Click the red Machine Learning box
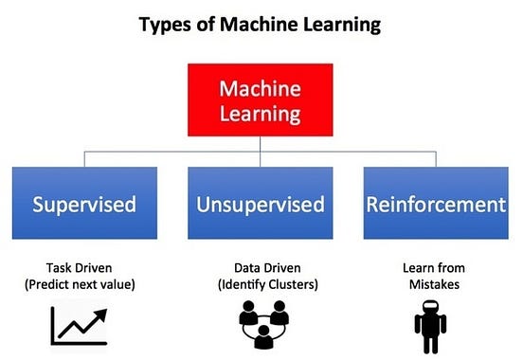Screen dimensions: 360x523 (260, 102)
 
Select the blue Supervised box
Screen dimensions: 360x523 (85, 203)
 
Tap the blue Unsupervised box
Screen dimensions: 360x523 (260, 203)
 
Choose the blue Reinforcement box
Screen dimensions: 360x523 (437, 203)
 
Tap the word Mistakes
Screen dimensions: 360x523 (431, 283)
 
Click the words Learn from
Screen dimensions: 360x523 (431, 268)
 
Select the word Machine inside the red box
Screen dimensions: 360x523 (260, 90)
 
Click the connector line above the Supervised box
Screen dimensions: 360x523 (85, 159)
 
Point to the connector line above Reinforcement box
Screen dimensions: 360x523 (437, 159)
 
